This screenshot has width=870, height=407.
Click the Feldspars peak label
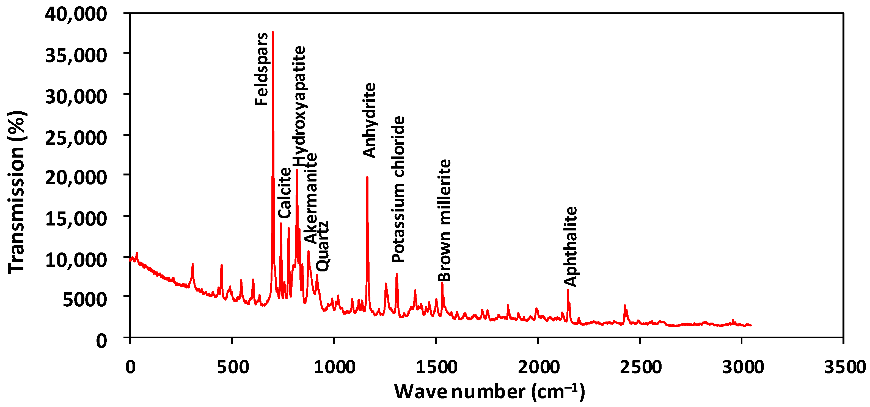[x=261, y=69]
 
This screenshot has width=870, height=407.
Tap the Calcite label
[x=285, y=193]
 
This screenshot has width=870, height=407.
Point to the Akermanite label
[x=311, y=198]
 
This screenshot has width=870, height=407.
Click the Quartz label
[x=322, y=246]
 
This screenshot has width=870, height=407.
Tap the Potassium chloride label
[x=398, y=189]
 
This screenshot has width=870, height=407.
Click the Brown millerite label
[x=444, y=221]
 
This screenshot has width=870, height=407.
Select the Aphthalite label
[x=571, y=247]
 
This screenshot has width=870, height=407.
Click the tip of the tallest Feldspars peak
[x=273, y=32]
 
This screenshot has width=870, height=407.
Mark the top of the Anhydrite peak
[x=367, y=177]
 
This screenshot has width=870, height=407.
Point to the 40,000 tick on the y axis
[x=76, y=14]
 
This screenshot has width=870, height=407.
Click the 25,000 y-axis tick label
[x=76, y=138]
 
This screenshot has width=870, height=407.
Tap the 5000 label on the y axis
[x=85, y=299]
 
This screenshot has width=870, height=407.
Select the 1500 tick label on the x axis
[x=437, y=367]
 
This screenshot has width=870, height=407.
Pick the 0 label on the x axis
[x=130, y=367]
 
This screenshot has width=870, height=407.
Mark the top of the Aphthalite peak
[x=568, y=290]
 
